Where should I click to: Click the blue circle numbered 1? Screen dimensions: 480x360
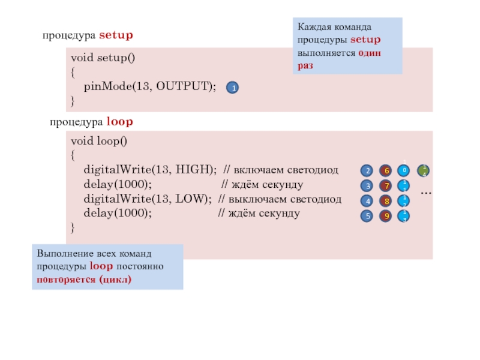pyautogui.click(x=232, y=88)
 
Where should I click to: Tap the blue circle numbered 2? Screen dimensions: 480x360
pyautogui.click(x=368, y=170)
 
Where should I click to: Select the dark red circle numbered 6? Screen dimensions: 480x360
pyautogui.click(x=386, y=170)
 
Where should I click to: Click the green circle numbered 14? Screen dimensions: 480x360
pyautogui.click(x=424, y=170)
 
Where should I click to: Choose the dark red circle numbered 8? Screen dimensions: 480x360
pyautogui.click(x=386, y=201)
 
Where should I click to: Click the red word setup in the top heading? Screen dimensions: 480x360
pyautogui.click(x=116, y=35)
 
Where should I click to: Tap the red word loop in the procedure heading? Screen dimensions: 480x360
pyautogui.click(x=119, y=122)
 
